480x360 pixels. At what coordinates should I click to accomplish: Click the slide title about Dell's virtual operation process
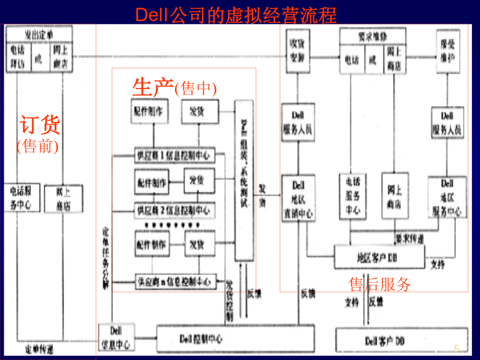pyautogui.click(x=236, y=14)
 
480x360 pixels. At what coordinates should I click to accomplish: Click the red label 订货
pyautogui.click(x=40, y=125)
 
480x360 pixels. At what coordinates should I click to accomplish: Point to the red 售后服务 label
pyautogui.click(x=379, y=284)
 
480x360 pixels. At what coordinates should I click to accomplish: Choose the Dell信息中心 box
pyautogui.click(x=116, y=338)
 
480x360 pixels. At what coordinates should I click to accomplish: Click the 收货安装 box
pyautogui.click(x=297, y=55)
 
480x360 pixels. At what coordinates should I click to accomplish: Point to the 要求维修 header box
pyautogui.click(x=373, y=36)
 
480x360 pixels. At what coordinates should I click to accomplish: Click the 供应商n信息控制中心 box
pyautogui.click(x=175, y=281)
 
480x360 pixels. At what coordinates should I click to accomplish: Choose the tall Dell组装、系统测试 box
pyautogui.click(x=244, y=181)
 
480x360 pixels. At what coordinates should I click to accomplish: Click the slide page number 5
pyautogui.click(x=456, y=348)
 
